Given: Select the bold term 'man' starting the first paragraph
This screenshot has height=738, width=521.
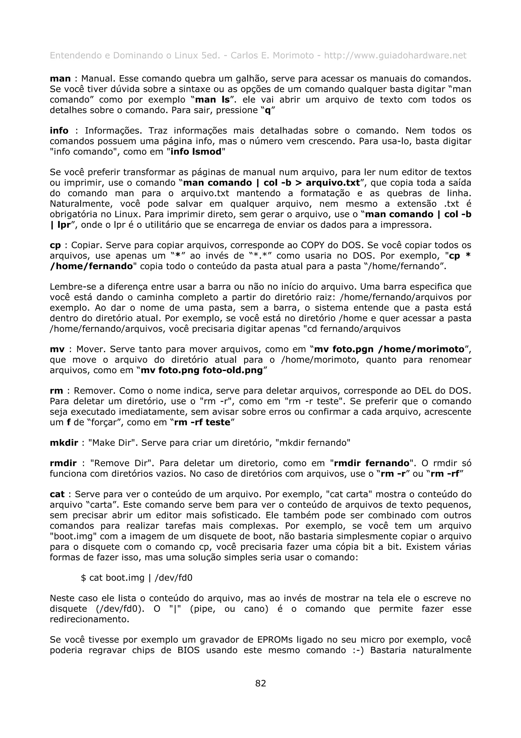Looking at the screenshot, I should [x=60, y=79].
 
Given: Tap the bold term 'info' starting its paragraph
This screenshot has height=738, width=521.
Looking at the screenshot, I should [x=59, y=131].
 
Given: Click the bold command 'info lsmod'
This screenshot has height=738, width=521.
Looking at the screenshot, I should [x=196, y=152].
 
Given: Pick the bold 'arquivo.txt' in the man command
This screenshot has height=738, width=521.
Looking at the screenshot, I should [x=332, y=183].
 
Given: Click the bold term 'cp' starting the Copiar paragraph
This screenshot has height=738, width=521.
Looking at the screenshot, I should [x=55, y=245].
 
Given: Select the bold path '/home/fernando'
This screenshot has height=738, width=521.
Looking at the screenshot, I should [x=92, y=266].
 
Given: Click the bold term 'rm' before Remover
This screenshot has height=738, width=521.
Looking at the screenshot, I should [x=56, y=391].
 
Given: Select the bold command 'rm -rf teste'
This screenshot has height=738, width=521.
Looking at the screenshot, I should [x=202, y=422].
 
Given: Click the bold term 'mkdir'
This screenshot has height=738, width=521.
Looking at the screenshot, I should [x=64, y=443].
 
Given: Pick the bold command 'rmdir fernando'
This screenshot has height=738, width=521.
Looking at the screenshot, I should [x=372, y=463].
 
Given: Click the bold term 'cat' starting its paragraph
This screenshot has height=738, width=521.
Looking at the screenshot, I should [x=57, y=494].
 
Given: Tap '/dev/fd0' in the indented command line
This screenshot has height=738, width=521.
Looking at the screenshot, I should [x=173, y=578].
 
